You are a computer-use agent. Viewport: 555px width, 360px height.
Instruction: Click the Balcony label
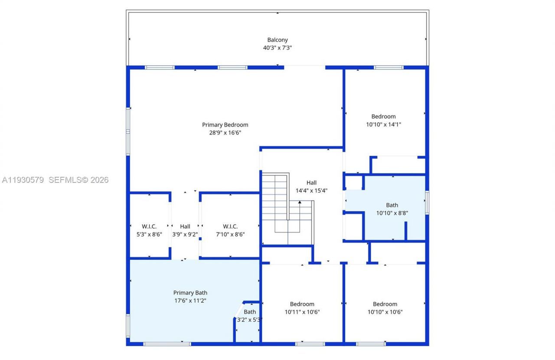pos(277,40)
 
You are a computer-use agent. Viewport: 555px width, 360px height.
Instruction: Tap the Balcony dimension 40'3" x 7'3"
pos(277,48)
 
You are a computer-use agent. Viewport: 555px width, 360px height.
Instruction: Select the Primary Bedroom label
pos(225,125)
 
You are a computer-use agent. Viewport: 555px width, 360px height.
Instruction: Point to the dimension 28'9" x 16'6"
pos(225,133)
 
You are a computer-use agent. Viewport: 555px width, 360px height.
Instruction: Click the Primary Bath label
pos(190,293)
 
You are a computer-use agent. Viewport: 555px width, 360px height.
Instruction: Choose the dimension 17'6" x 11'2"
pos(190,300)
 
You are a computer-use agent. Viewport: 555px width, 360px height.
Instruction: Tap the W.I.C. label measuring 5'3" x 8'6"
pos(149,226)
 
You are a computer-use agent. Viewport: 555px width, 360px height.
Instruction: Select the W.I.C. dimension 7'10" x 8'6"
pos(230,234)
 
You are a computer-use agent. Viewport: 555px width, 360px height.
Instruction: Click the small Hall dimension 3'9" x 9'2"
pos(185,234)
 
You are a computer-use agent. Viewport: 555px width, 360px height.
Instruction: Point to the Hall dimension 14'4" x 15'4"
pos(311,190)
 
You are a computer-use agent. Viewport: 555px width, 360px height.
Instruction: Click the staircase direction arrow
pos(300,202)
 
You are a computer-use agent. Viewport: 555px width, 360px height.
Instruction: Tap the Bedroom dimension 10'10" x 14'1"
pos(384,124)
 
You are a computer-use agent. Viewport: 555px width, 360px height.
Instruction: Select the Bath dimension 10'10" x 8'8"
pos(392,213)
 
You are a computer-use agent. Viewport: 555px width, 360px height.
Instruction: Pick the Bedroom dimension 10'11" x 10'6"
pos(302,312)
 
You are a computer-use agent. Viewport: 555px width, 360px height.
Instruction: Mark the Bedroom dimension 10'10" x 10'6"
pos(385,312)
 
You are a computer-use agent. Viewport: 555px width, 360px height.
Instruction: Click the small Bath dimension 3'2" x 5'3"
pos(249,320)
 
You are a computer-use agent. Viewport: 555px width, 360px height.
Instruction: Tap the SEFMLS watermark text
pos(78,180)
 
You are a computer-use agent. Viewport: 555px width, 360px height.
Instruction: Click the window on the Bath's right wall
pos(427,203)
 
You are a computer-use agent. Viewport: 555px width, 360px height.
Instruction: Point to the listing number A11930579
pos(23,180)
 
